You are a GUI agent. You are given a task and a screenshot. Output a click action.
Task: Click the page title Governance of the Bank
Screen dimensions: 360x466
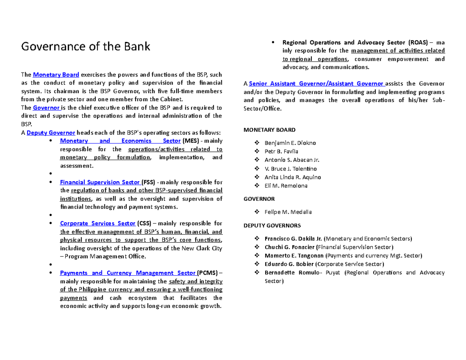tap(85, 47)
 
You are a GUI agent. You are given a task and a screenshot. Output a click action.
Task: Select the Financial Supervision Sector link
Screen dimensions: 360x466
tap(100, 182)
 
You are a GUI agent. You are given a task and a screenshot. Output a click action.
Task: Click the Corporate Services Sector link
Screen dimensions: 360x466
tap(97, 223)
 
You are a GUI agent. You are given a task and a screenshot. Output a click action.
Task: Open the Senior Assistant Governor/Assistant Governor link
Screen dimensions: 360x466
tap(316, 83)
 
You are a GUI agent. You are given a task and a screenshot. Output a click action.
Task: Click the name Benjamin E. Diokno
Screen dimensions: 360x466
tap(290, 143)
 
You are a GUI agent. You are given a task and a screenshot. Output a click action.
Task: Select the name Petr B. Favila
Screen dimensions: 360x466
tap(281, 151)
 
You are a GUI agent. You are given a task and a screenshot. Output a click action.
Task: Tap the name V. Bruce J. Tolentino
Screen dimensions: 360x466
tap(290, 169)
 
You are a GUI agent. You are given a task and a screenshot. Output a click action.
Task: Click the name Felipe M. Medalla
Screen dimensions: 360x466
tap(288, 212)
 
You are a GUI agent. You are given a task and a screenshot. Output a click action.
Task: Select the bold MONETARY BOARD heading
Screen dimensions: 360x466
tap(269, 130)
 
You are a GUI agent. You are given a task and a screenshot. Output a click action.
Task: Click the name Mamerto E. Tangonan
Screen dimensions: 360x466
tap(294, 256)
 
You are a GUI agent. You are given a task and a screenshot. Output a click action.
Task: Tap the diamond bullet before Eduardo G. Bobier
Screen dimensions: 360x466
tap(256, 264)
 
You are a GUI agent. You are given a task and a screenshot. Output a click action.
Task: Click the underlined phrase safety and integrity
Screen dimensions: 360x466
tap(195, 282)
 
